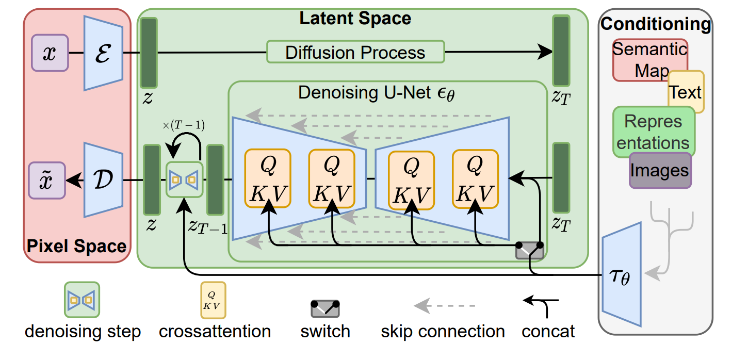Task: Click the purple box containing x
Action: click(50, 53)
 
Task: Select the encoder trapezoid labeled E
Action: click(103, 53)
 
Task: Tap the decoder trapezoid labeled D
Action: click(103, 180)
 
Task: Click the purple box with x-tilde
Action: click(46, 180)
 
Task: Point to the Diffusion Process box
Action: click(355, 52)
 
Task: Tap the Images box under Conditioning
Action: click(659, 170)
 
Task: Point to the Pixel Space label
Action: click(76, 246)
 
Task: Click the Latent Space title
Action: click(355, 19)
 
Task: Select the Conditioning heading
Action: click(655, 24)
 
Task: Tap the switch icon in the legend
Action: click(326, 308)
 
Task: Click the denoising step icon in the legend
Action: click(82, 299)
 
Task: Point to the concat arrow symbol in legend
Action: click(541, 304)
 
